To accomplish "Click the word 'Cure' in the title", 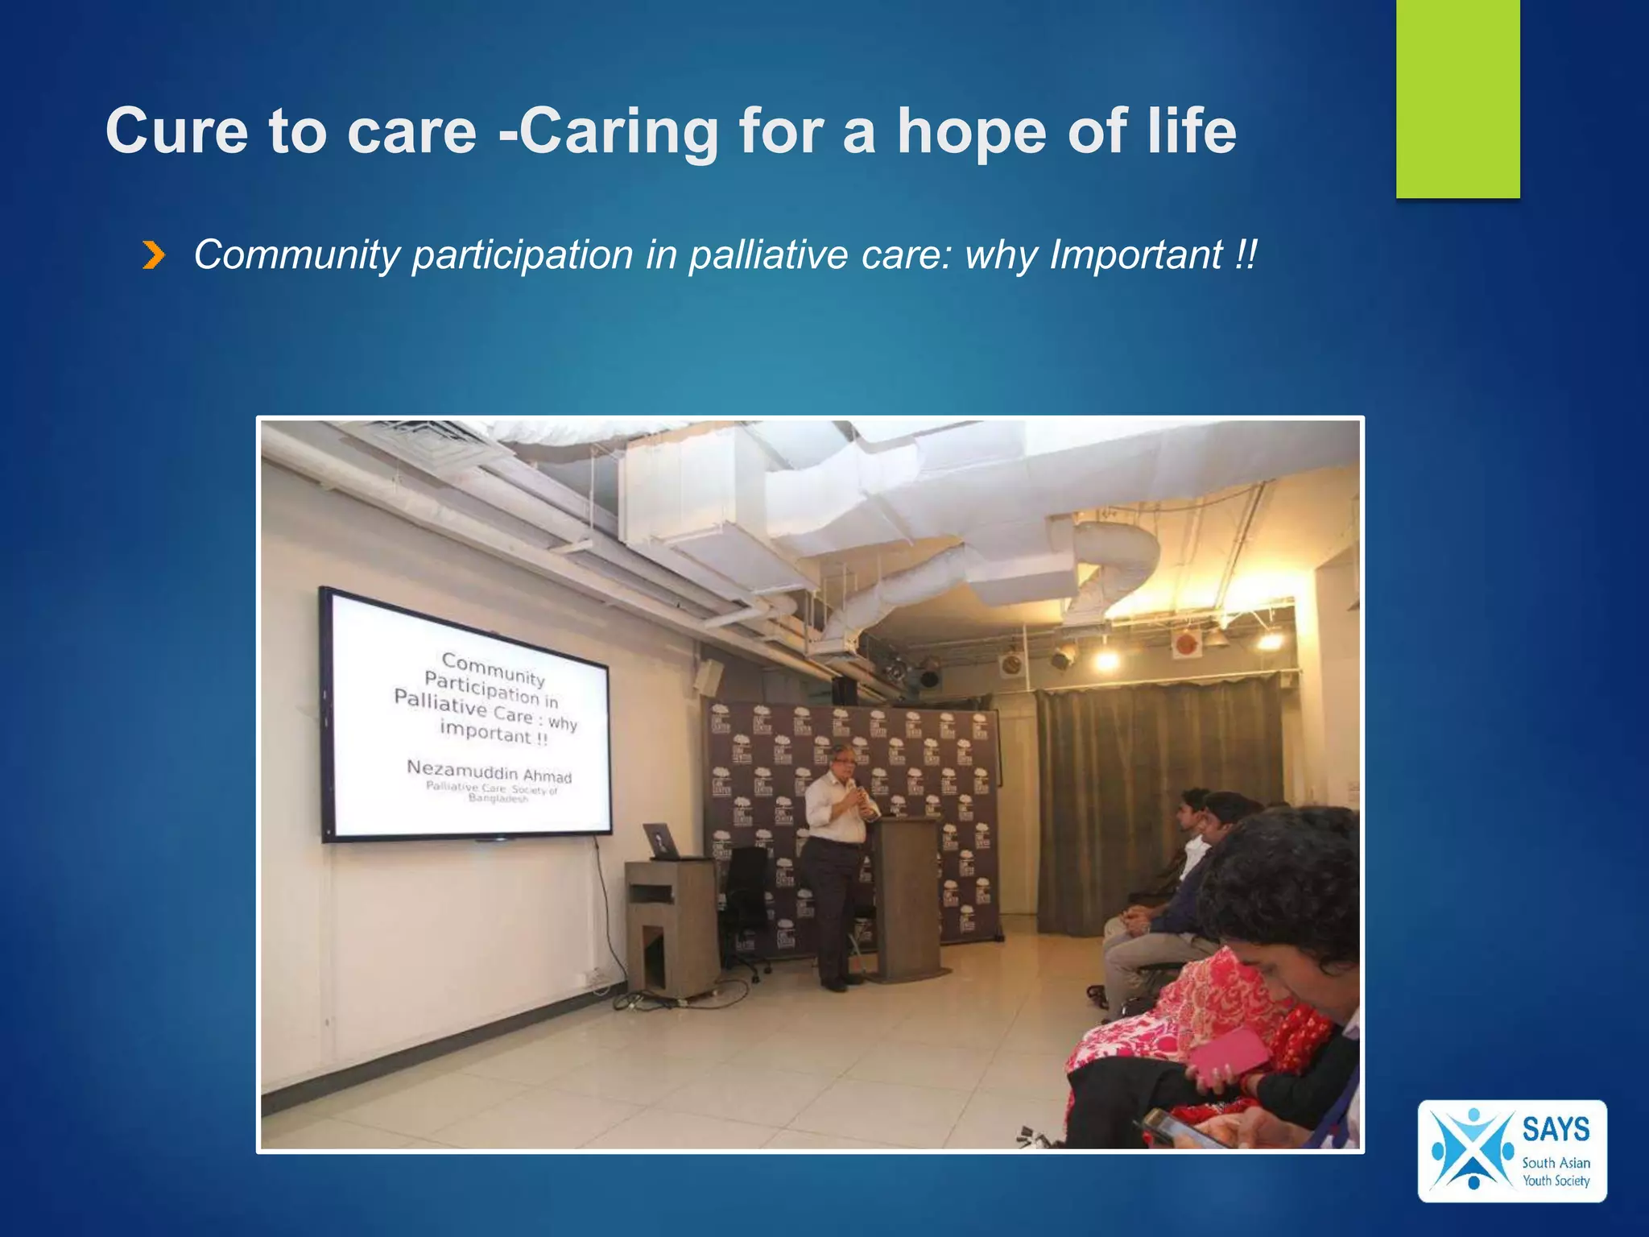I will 176,132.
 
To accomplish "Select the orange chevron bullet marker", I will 153,256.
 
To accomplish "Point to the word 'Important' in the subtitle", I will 1136,255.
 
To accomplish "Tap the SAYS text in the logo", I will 1555,1129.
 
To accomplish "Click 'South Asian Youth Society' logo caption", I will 1555,1172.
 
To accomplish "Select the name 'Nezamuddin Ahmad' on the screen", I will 489,770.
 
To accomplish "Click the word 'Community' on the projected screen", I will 494,668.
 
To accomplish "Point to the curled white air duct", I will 1119,564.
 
